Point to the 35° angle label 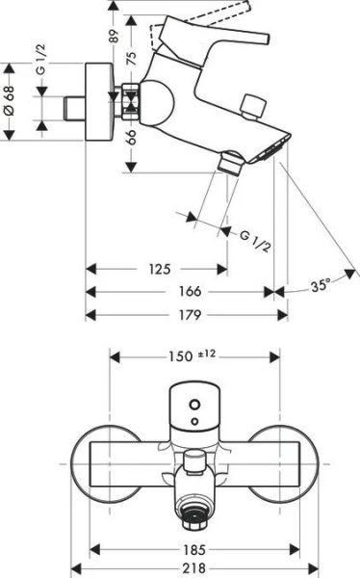click(x=321, y=285)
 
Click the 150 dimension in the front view click(x=180, y=355)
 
